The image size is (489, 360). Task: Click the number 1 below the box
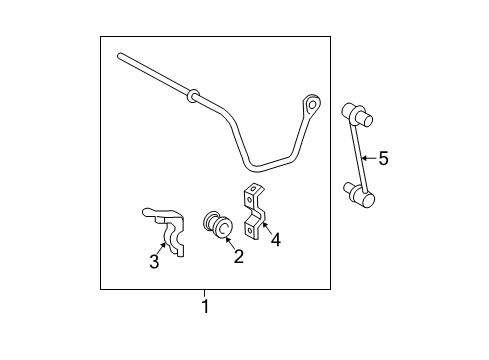coord(206,306)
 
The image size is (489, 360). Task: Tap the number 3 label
coord(154,262)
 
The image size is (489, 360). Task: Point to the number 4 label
coord(276,240)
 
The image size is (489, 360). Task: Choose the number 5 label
coord(382,158)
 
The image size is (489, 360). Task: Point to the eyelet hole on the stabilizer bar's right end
coord(313,103)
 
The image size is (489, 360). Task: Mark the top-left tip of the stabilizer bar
coord(119,56)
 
